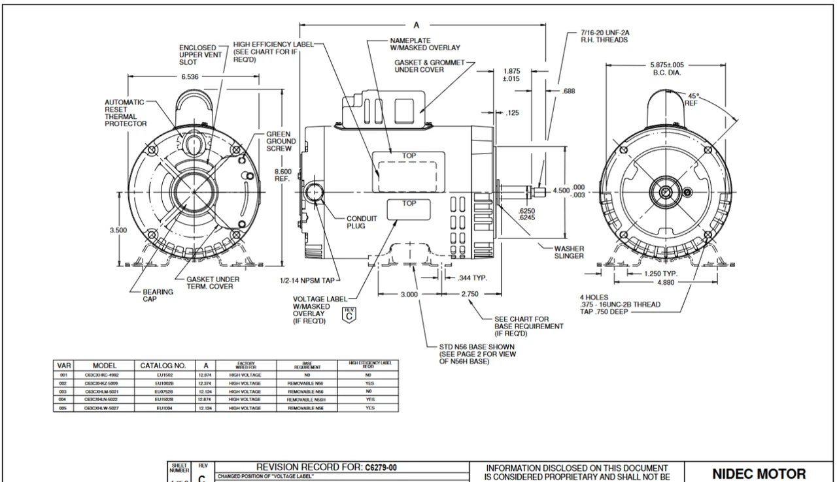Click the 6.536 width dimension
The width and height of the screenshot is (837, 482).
pos(192,76)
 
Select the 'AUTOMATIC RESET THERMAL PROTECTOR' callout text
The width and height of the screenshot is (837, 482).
pos(126,113)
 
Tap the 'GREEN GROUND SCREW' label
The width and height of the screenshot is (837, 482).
pos(281,141)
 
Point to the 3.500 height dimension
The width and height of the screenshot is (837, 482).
pos(119,230)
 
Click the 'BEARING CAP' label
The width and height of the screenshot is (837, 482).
pos(158,296)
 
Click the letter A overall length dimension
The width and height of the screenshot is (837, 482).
pos(417,25)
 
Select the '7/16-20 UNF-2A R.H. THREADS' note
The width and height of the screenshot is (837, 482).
pos(604,35)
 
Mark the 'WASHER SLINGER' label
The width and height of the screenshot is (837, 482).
pos(569,252)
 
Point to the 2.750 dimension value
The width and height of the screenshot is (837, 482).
pos(471,295)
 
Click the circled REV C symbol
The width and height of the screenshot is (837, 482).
pos(349,313)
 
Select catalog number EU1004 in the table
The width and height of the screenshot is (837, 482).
pos(163,408)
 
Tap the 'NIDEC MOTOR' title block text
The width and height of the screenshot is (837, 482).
pos(759,474)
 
